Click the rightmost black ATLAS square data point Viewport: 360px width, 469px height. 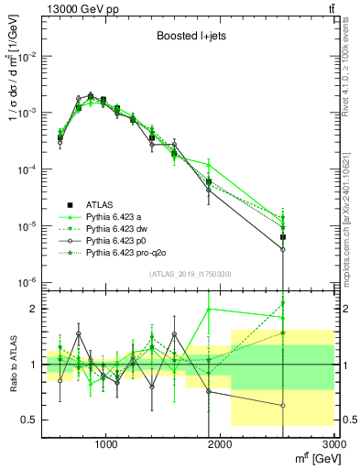pyautogui.click(x=283, y=237)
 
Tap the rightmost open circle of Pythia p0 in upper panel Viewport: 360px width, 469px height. pyautogui.click(x=283, y=249)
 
